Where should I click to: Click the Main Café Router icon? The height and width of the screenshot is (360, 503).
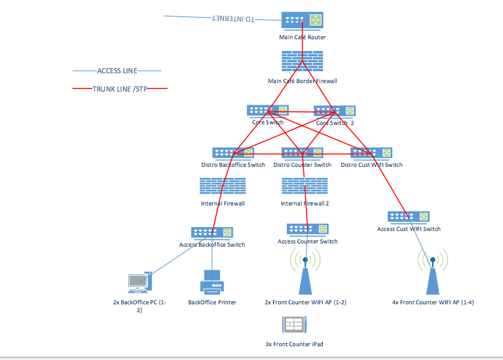(303, 20)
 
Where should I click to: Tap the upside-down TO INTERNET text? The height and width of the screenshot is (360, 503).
(234, 20)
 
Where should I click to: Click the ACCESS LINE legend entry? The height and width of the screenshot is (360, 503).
(117, 71)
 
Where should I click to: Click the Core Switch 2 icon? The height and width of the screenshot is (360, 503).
(335, 111)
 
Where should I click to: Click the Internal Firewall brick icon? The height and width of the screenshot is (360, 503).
(223, 187)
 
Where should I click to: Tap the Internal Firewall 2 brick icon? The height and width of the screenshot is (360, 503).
(304, 187)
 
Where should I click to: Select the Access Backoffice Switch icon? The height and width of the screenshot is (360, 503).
(212, 232)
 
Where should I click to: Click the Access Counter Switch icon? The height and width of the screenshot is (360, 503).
(307, 229)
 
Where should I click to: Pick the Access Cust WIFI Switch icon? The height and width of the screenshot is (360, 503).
(408, 217)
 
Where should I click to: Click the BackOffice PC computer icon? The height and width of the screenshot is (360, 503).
(139, 282)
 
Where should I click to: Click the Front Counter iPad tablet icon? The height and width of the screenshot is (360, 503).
(294, 325)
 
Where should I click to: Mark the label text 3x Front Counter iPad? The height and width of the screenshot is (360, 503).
(294, 344)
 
